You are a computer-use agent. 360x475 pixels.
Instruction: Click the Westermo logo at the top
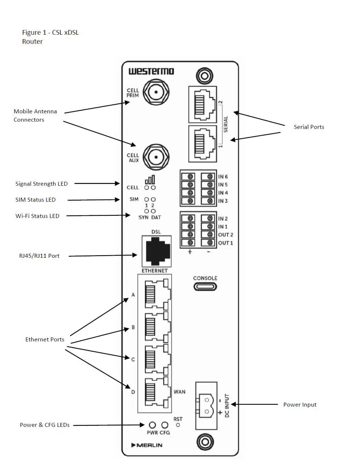coord(151,71)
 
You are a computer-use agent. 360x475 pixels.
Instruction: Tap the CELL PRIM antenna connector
coord(156,92)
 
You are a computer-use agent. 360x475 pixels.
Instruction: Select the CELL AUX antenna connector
coord(156,157)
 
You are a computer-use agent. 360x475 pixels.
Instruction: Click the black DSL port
coord(156,251)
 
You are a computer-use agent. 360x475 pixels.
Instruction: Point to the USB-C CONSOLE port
coord(205,287)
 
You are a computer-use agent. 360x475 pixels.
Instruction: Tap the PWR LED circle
coord(152,425)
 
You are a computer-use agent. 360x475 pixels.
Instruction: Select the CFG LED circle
coord(165,425)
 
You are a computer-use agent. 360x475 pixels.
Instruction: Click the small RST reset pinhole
coord(178,425)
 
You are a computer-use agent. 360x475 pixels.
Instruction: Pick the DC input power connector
coord(206,405)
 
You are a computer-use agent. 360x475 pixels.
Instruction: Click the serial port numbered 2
coord(202,105)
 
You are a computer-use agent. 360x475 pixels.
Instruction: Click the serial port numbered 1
coord(202,144)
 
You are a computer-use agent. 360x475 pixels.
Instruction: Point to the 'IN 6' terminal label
coord(223,177)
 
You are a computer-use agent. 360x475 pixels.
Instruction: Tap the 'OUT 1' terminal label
coord(225,243)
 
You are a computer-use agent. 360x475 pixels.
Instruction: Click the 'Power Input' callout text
coord(300,405)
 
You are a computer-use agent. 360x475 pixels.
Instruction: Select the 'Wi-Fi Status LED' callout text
coord(37,216)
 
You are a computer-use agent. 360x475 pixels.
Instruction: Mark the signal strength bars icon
coord(150,180)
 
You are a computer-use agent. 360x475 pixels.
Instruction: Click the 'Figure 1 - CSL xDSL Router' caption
coord(50,37)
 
